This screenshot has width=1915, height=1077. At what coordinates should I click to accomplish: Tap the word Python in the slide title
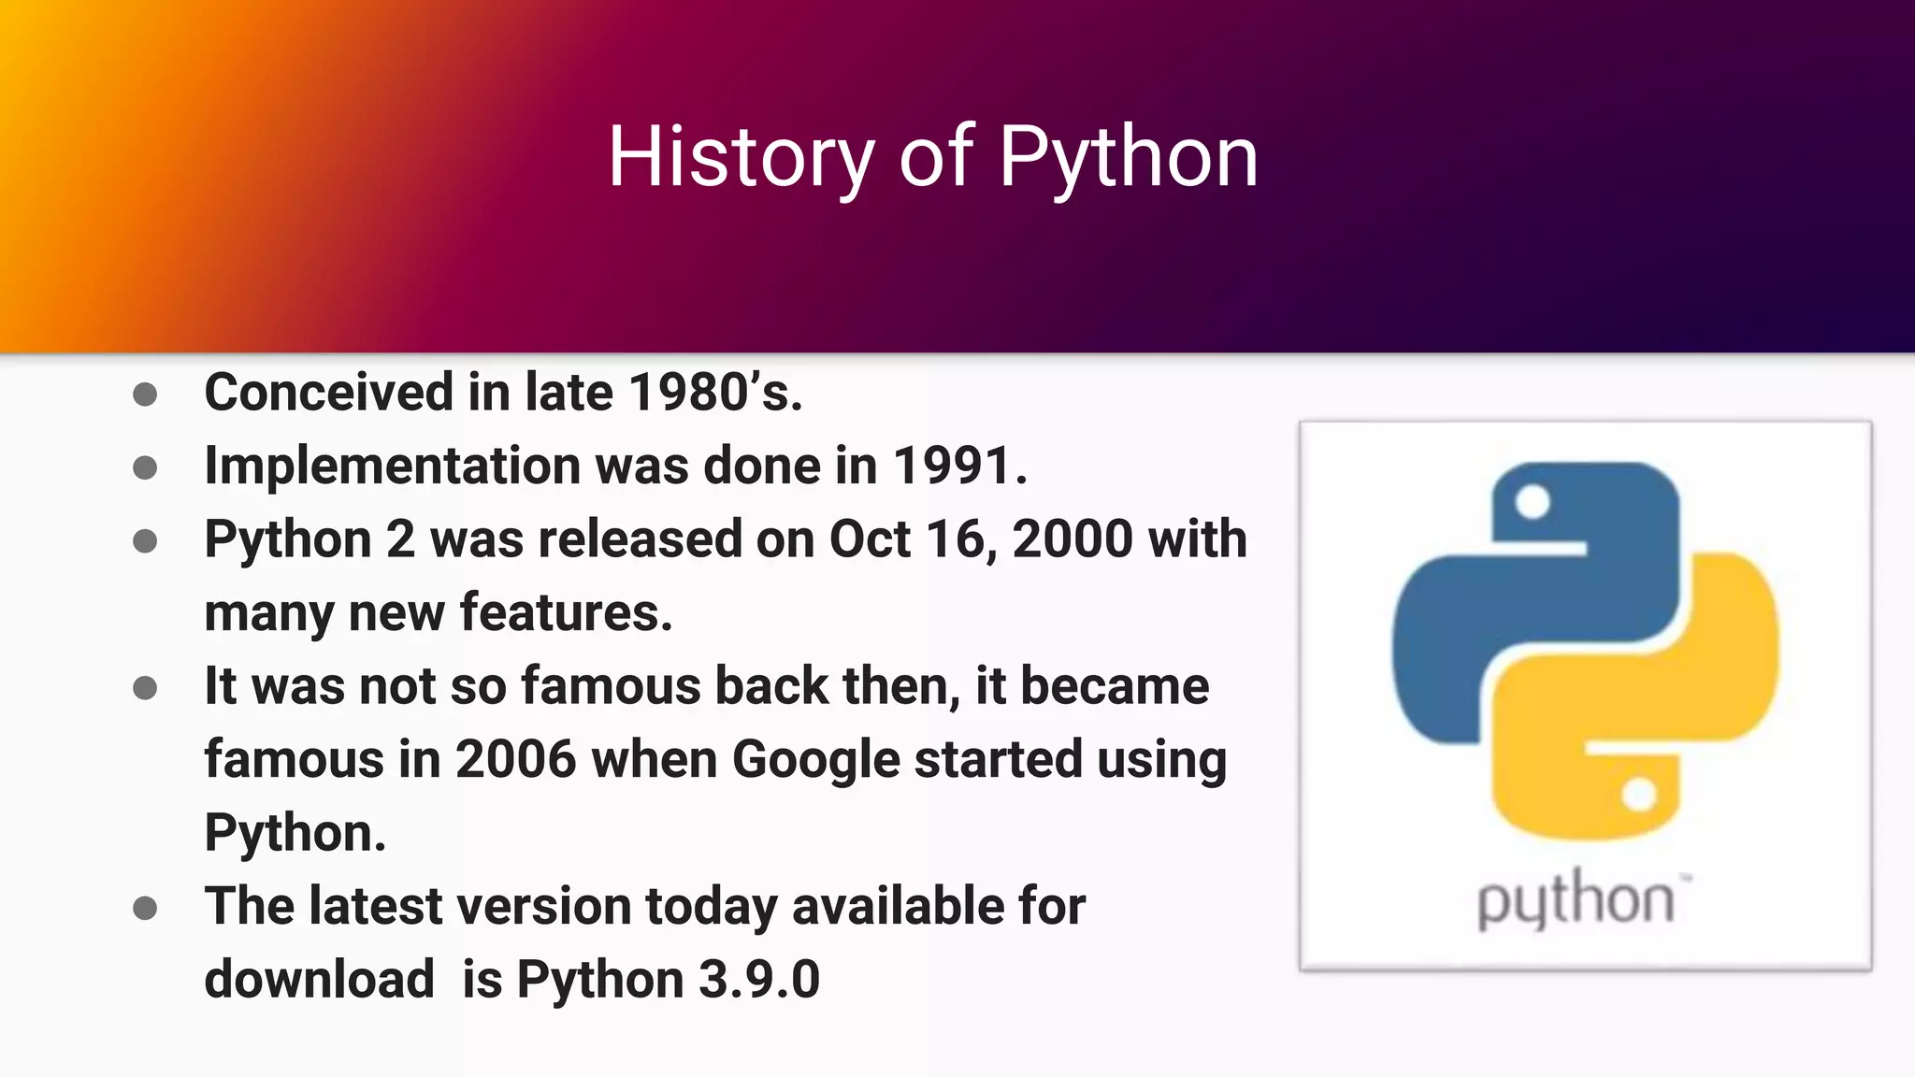[x=1129, y=157]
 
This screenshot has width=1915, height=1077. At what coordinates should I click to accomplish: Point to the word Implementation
[x=393, y=465]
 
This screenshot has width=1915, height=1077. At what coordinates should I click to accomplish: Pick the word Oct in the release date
[x=870, y=538]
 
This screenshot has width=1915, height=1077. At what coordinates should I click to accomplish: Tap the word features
[x=566, y=612]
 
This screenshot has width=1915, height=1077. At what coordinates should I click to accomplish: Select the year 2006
[x=515, y=758]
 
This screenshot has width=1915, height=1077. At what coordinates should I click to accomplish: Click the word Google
[x=815, y=758]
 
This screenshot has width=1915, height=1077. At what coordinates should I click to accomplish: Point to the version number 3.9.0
[x=759, y=979]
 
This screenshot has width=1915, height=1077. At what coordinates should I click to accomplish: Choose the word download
[x=319, y=979]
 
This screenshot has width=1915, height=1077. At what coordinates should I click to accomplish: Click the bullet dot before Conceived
[x=145, y=394]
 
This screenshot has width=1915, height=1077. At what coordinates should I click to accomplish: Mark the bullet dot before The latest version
[x=145, y=908]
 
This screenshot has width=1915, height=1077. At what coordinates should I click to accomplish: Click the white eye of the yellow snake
[x=1639, y=796]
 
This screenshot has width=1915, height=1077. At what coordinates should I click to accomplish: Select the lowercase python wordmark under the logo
[x=1577, y=900]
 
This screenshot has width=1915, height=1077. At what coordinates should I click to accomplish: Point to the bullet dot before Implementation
[x=145, y=467]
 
